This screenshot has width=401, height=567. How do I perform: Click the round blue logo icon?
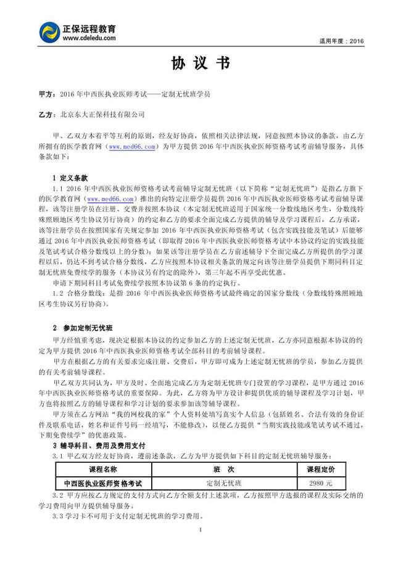tap(50, 33)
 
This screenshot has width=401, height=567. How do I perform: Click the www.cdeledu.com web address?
tap(89, 38)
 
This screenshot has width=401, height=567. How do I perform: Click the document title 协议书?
tap(200, 64)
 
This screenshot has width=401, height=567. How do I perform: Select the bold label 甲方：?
tap(46, 95)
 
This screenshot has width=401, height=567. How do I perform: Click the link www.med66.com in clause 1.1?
tap(111, 199)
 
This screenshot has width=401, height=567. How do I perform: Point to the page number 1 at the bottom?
tap(200, 531)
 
